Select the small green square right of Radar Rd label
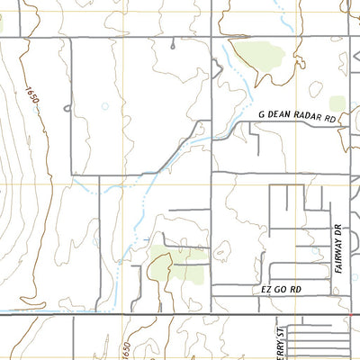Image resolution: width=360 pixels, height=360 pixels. pos(338,103)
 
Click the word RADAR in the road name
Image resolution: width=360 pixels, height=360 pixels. pos(310,117)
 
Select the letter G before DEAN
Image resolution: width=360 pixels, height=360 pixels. pos(262,117)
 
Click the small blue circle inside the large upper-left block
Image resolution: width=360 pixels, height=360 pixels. pos(104,106)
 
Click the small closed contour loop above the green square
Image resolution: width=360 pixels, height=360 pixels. pos(316,87)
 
